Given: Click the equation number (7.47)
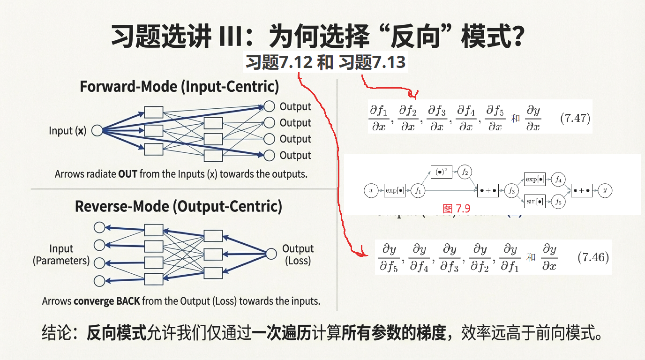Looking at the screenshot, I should click(x=575, y=118).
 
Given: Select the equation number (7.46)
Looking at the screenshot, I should click(x=593, y=257).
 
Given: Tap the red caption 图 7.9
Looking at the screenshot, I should click(x=456, y=209).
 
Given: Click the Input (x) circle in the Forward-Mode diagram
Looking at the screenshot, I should click(x=97, y=131).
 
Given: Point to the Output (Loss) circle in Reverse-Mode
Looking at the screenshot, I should click(x=271, y=254).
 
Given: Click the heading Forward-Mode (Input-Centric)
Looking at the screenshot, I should click(x=179, y=87).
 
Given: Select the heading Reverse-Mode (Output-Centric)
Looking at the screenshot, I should click(x=179, y=206).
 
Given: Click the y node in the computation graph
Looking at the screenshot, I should click(x=606, y=190).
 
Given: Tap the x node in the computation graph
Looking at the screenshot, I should click(x=371, y=190).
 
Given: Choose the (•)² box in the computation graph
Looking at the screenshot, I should click(x=441, y=172).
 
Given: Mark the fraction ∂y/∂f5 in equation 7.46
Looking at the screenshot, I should click(x=390, y=258).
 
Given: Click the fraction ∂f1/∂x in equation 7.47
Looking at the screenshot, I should click(x=379, y=118).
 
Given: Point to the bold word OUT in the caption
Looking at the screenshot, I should click(x=127, y=174).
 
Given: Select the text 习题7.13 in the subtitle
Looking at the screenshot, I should click(x=372, y=62).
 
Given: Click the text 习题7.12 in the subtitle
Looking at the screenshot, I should click(x=279, y=62).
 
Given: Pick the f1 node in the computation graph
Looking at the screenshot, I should click(x=417, y=190).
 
